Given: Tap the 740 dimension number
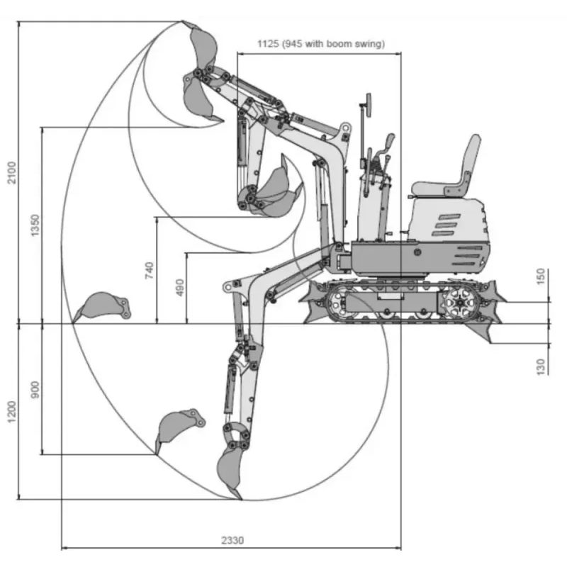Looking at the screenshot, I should pos(149,270).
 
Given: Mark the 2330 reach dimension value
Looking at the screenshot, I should pos(232,540).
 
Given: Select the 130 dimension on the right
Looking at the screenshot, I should pos(541,366).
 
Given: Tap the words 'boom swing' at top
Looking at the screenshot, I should pos(359,43).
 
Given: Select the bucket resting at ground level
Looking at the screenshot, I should pos(103,306).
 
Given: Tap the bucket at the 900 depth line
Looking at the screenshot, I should pos(177,425).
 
